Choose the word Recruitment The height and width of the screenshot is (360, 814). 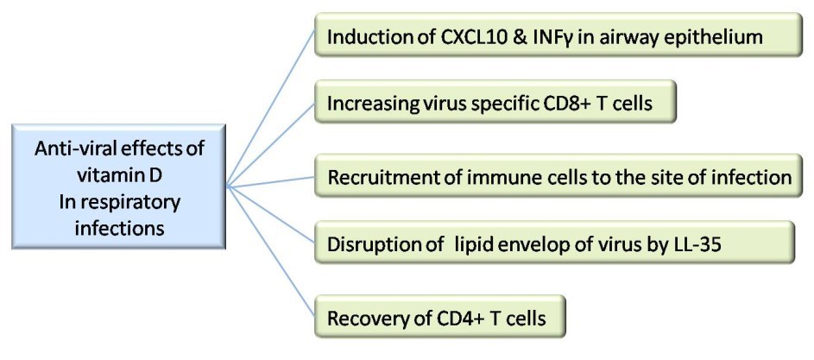(380, 178)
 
